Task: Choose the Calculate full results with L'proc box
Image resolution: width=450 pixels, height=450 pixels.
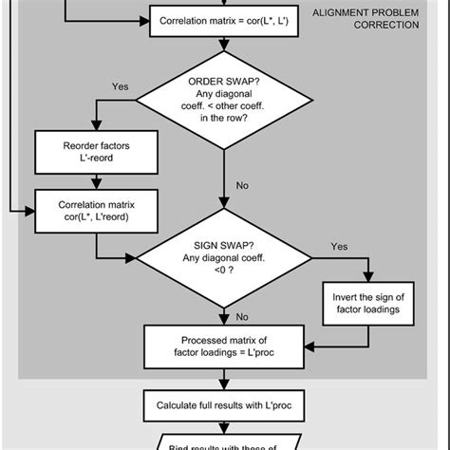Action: [225, 405]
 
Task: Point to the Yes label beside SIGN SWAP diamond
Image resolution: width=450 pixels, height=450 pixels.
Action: [340, 246]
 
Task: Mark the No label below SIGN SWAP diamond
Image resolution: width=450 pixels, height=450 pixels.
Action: [243, 316]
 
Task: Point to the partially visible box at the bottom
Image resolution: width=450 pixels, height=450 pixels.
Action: [225, 441]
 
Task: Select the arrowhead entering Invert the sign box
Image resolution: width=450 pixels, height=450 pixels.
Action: [366, 278]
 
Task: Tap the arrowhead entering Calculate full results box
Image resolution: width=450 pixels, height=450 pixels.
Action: [225, 385]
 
